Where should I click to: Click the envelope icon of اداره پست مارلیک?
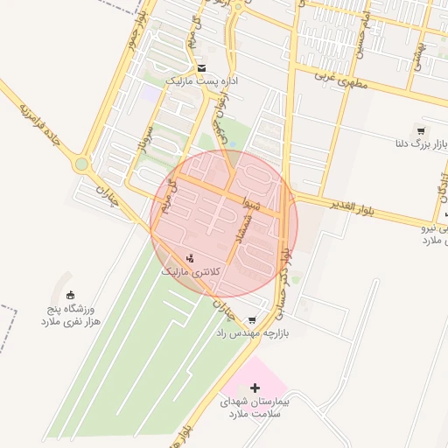coord(202,67)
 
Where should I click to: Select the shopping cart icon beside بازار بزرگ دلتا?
coord(421,131)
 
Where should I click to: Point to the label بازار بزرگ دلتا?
coord(415,143)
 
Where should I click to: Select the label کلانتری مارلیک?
coord(192,272)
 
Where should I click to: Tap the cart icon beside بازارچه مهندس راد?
coord(253,320)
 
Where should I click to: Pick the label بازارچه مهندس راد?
coord(254,334)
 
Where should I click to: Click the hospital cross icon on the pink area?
coord(255,387)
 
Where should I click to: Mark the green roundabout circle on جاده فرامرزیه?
coord(81,163)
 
